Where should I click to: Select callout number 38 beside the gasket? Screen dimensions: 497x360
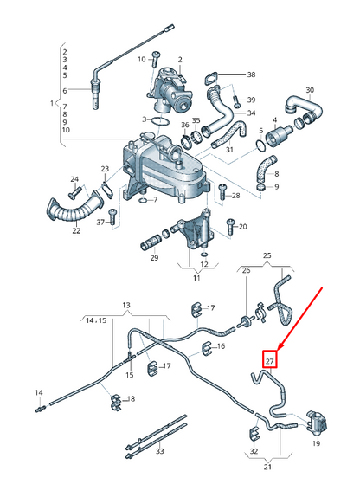tap(251, 75)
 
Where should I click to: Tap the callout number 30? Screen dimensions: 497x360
tap(310, 90)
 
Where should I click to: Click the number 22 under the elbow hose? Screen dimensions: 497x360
tap(76, 230)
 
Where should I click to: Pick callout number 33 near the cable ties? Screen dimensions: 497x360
tap(158, 452)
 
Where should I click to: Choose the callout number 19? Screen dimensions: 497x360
tap(316, 442)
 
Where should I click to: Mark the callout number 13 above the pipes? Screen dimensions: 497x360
tap(125, 306)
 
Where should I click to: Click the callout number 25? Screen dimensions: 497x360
tap(267, 256)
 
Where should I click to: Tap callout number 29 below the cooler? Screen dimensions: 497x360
tap(155, 258)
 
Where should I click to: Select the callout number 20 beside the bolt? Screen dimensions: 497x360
tap(242, 227)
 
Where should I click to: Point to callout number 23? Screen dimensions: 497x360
tap(105, 170)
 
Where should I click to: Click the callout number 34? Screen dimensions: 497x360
tap(251, 113)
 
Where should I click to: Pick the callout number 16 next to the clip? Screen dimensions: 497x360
tap(222, 346)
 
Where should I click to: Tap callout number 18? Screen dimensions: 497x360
tap(131, 398)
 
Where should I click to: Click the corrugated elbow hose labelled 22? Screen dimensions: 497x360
tap(74, 209)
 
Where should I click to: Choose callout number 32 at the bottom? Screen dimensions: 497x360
tap(253, 451)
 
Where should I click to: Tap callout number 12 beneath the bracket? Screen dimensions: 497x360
tap(203, 264)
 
